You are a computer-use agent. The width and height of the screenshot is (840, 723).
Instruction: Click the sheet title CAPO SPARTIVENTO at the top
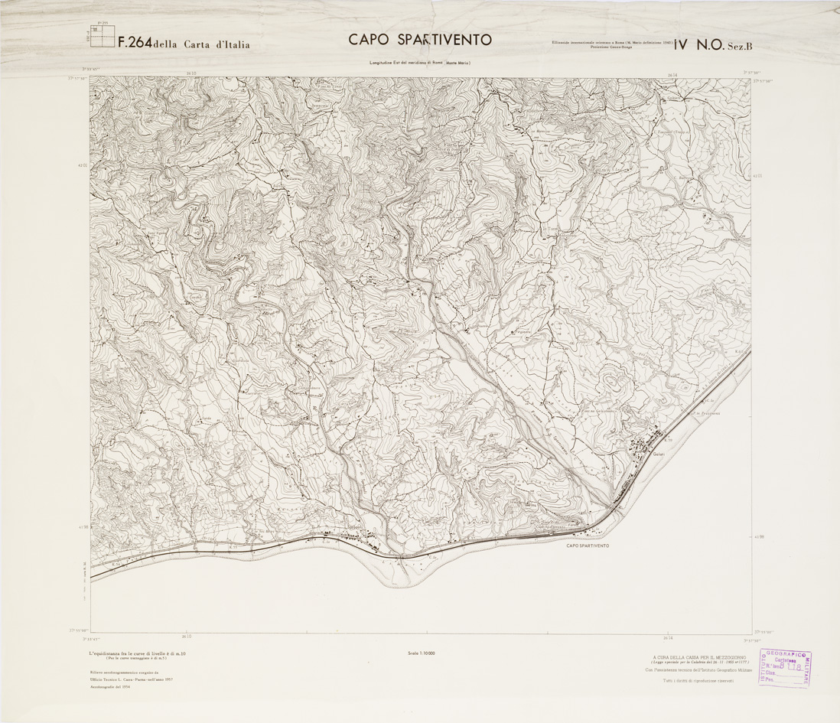[x=420, y=40]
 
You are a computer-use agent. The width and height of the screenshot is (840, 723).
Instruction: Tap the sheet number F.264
[x=135, y=44]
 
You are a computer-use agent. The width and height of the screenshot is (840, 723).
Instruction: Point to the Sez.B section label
[x=740, y=45]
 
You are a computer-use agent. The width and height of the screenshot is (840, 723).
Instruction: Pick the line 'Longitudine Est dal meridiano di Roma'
[x=398, y=62]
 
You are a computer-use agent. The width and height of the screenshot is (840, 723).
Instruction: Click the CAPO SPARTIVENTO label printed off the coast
[x=588, y=546]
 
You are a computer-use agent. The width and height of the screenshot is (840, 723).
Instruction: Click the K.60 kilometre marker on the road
[x=739, y=352]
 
